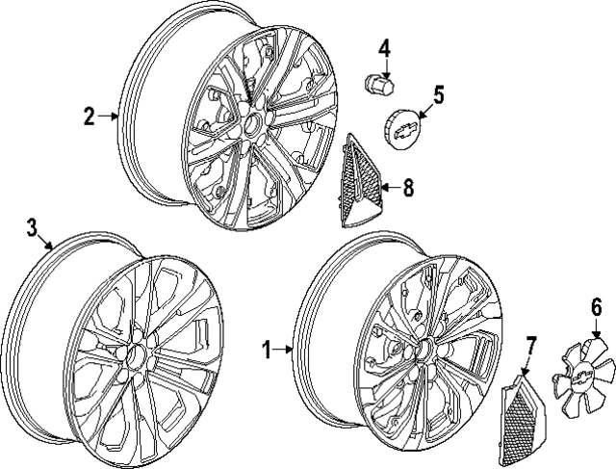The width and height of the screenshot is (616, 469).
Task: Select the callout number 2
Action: click(89, 117)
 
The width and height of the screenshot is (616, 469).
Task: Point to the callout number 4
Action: click(384, 47)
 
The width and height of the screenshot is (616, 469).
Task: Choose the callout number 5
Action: click(438, 94)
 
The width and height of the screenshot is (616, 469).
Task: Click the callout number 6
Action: click(596, 308)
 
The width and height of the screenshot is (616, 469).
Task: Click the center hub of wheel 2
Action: click(250, 124)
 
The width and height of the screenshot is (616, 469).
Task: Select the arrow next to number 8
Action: click(385, 188)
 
